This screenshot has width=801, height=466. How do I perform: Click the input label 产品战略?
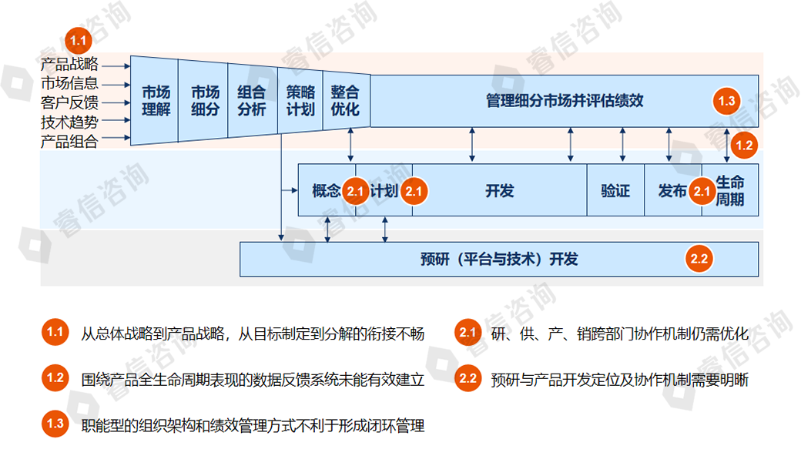[x=69, y=65]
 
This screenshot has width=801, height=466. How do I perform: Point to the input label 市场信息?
[x=69, y=84]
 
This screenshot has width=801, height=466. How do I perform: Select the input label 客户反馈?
[x=69, y=102]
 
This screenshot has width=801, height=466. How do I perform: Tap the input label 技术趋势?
[x=69, y=122]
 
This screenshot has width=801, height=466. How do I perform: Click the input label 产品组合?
[x=69, y=141]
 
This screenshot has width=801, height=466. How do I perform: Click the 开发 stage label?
[x=500, y=190]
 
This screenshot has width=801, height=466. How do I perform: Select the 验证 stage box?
[x=615, y=190]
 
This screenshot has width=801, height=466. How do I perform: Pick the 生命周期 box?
[x=730, y=190]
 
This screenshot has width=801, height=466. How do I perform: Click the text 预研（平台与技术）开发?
[x=499, y=260]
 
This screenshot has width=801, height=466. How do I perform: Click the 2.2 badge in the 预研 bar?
[x=699, y=260]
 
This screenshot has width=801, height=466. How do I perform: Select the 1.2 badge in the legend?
[x=55, y=378]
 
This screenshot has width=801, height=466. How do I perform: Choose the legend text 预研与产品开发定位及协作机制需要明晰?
[x=619, y=379]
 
